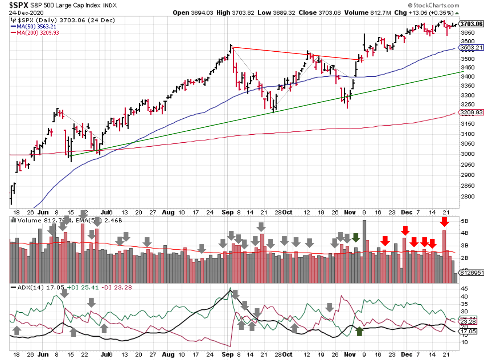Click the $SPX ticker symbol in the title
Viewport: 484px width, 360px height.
19,5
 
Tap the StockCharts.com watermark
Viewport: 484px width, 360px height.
434,5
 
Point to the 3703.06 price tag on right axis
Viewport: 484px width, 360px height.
471,24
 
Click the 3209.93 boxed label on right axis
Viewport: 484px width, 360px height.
472,112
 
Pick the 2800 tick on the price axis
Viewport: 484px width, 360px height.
468,197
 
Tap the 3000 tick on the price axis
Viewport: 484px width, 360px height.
468,154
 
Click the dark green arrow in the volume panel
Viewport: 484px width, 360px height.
356,238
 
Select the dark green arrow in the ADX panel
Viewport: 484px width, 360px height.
359,331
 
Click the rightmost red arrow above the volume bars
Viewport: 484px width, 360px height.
444,222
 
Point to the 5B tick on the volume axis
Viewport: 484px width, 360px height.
464,221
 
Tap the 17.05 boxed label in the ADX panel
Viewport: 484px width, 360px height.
468,331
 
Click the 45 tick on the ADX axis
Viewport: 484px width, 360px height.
464,289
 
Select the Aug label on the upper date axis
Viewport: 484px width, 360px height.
168,212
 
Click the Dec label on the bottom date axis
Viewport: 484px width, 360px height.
406,354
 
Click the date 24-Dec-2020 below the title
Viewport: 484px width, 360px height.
26,13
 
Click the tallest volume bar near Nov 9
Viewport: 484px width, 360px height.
364,251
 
